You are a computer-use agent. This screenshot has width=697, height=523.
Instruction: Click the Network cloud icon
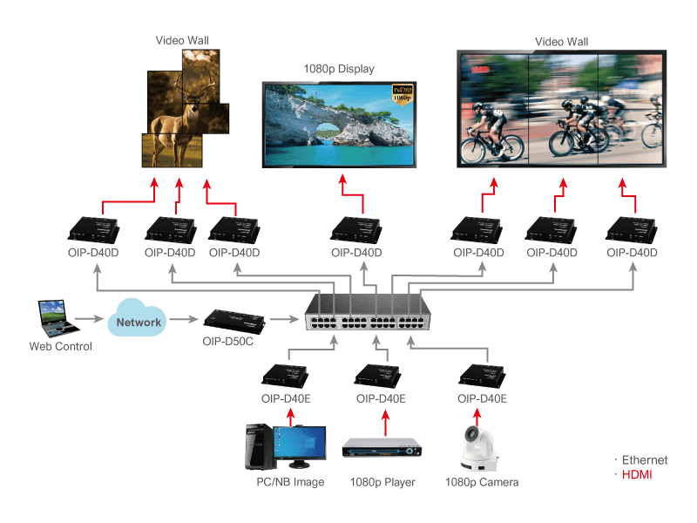tap(139, 321)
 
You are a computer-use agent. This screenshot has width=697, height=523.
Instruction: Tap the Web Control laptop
tap(53, 319)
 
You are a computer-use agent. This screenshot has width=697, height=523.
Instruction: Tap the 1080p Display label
tap(339, 68)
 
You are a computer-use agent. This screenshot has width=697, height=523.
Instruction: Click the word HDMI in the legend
tap(637, 475)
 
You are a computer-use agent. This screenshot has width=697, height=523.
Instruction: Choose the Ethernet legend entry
tap(645, 460)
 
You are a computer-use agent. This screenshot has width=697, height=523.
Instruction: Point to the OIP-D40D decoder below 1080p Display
tap(357, 231)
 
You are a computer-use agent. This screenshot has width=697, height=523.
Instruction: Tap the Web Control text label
tap(60, 346)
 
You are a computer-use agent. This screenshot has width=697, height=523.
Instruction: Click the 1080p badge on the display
tap(402, 93)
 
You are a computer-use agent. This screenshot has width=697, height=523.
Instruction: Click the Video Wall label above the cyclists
tap(561, 41)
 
